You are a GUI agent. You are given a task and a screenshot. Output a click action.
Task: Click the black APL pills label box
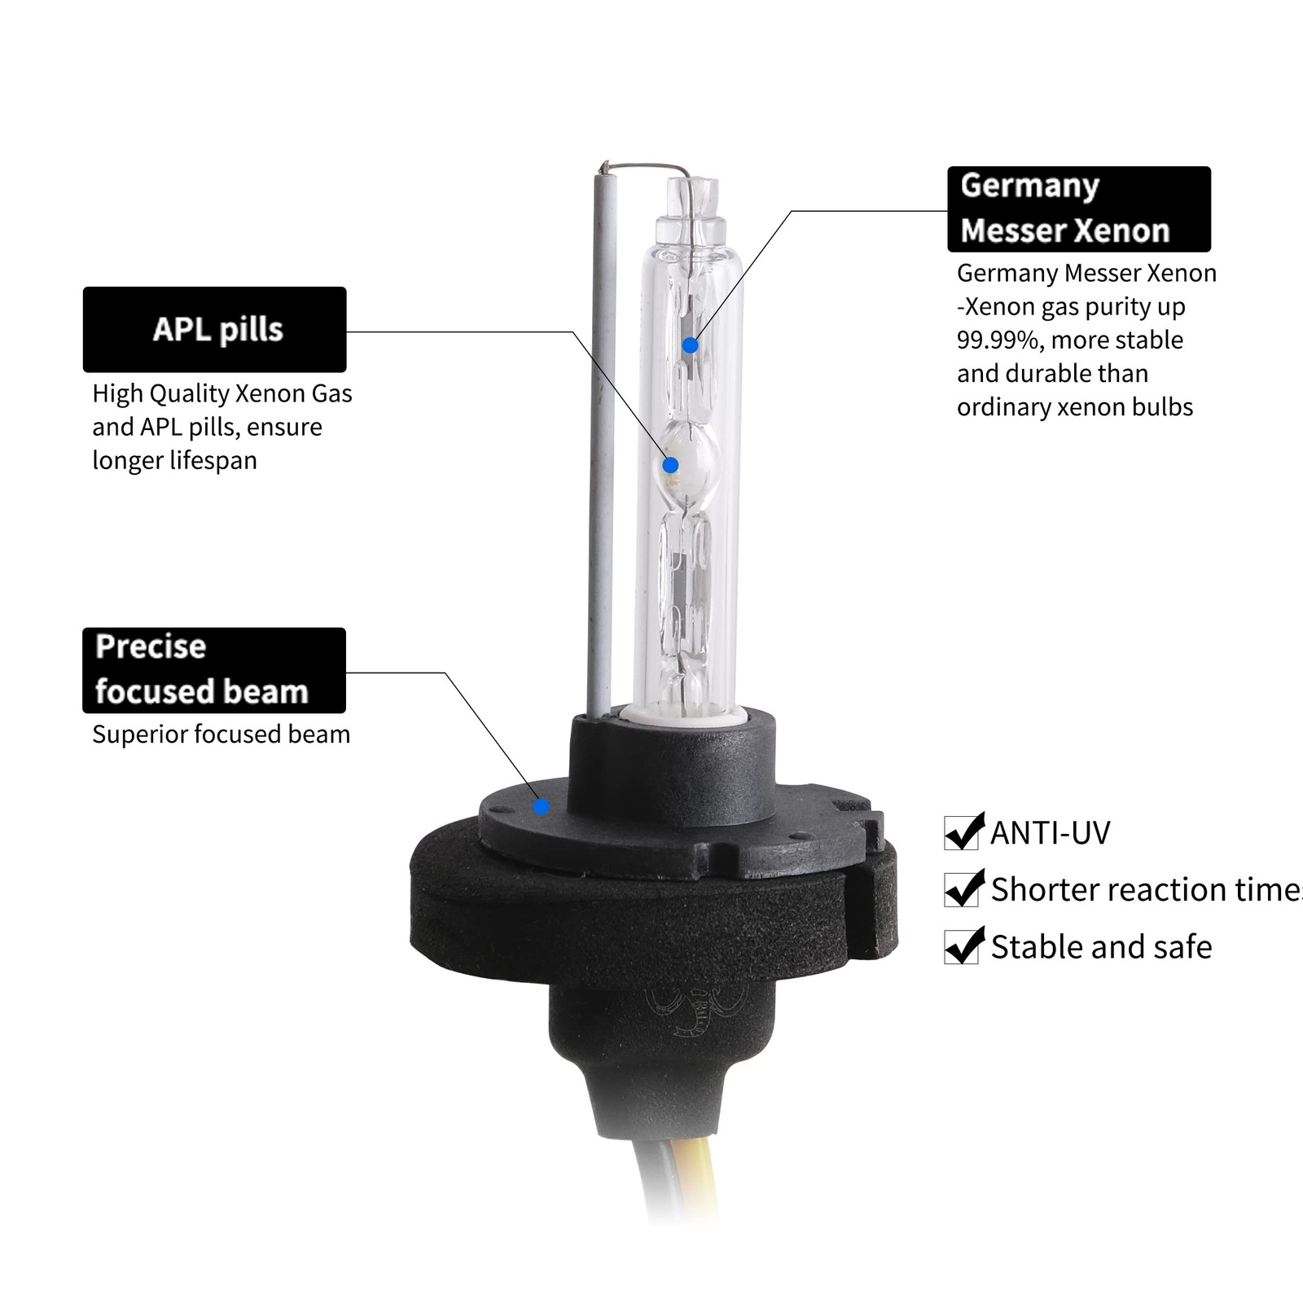point(214,329)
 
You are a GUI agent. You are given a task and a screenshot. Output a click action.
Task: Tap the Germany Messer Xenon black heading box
point(1079,209)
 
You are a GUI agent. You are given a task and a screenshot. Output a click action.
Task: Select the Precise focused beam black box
point(214,670)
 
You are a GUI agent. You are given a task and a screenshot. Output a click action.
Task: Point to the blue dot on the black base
point(542,806)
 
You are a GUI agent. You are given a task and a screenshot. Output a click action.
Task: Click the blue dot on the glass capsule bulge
point(670,465)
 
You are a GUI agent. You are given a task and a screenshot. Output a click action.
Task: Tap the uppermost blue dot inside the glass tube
point(690,345)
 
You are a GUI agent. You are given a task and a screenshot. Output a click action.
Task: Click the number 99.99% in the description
point(999,340)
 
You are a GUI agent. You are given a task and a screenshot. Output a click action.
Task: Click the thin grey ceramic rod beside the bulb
point(601,440)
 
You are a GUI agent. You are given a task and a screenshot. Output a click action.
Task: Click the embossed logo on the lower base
point(696,1010)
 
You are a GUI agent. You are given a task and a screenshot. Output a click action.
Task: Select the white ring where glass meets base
point(682,717)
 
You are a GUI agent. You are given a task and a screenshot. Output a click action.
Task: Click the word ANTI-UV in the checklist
point(1051,832)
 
